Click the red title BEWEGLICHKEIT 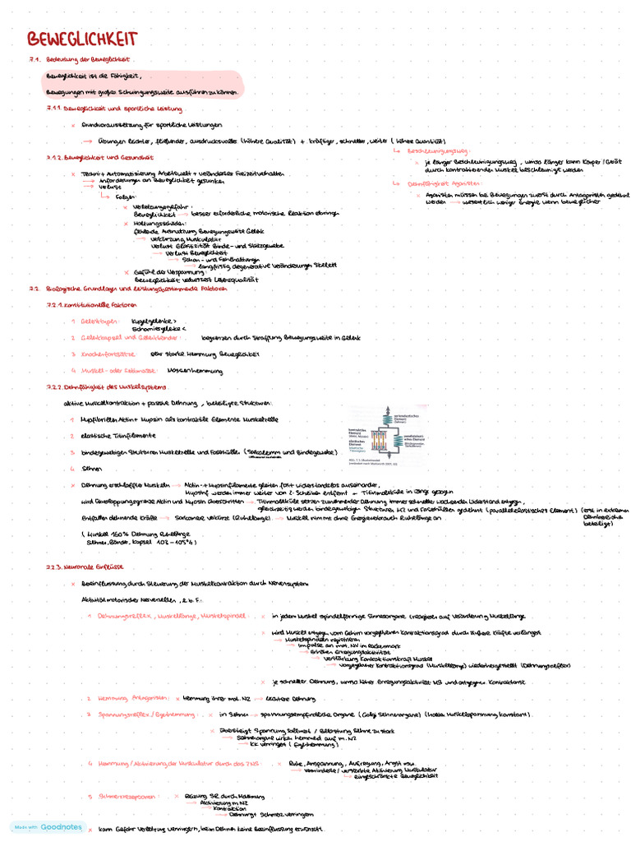82,39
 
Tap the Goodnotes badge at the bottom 48,826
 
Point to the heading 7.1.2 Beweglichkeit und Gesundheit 92,157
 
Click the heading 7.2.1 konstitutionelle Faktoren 91,305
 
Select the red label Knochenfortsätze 108,354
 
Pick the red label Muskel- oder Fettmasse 116,371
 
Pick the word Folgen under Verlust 125,197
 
